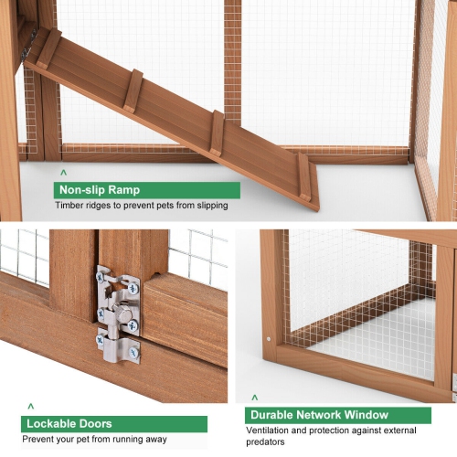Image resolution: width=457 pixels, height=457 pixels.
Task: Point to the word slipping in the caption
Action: point(212,206)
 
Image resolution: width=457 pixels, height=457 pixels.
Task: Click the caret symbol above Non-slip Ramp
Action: point(63,173)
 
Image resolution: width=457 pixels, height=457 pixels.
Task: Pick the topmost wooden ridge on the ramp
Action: point(48,48)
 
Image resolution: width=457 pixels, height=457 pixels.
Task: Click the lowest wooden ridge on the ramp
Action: point(304,176)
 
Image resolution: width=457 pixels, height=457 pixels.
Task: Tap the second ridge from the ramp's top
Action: point(133,90)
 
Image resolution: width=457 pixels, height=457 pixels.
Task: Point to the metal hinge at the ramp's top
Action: point(28,45)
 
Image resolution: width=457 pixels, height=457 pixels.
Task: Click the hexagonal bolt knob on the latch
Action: point(123,312)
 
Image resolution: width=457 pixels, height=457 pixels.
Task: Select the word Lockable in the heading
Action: point(50,424)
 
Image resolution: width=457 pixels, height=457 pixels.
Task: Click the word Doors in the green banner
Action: point(94,424)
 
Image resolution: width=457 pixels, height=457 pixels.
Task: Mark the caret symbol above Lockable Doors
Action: point(31,407)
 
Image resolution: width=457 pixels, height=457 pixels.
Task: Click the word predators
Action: point(265,442)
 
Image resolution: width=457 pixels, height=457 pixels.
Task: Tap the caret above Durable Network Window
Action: point(255,398)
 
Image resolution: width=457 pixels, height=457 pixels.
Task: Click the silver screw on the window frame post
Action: point(269,339)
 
